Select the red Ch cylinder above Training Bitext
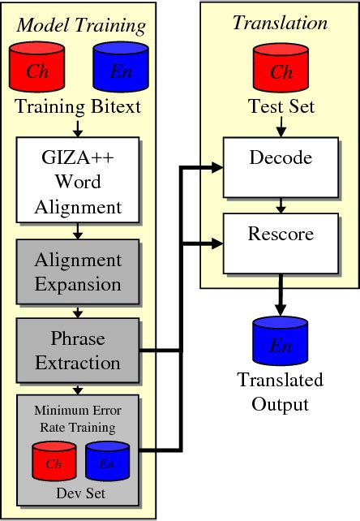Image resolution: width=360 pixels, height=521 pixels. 38,68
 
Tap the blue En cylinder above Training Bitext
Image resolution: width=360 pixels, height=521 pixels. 120,68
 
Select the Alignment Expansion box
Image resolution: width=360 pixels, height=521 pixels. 79,272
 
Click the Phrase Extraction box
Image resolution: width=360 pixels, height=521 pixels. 79,350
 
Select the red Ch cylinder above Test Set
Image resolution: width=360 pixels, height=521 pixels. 280,68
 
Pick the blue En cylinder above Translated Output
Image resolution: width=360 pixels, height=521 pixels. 280,344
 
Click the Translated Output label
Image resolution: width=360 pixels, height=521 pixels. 280,391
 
